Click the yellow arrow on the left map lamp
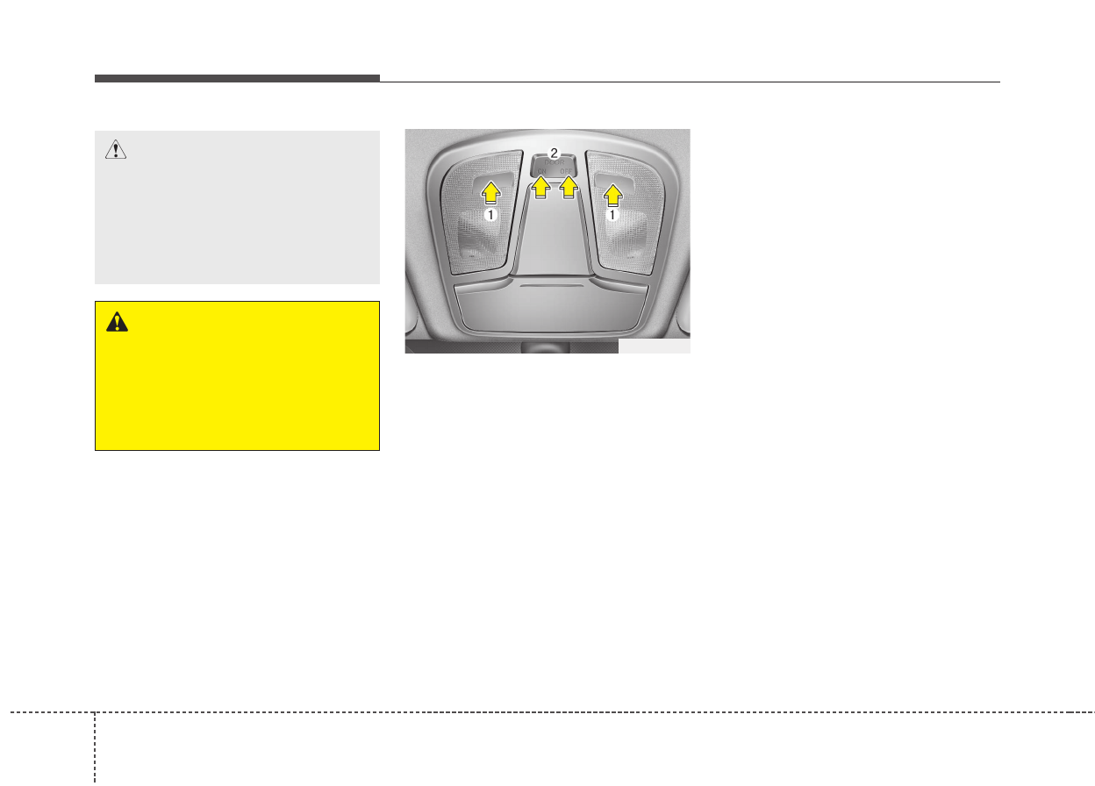490,191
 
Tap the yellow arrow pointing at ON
542,187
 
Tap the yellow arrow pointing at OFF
569,187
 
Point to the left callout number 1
492,213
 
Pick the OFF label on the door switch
569,172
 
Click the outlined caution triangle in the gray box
115,151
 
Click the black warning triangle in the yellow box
116,323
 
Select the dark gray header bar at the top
237,78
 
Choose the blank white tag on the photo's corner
654,347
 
